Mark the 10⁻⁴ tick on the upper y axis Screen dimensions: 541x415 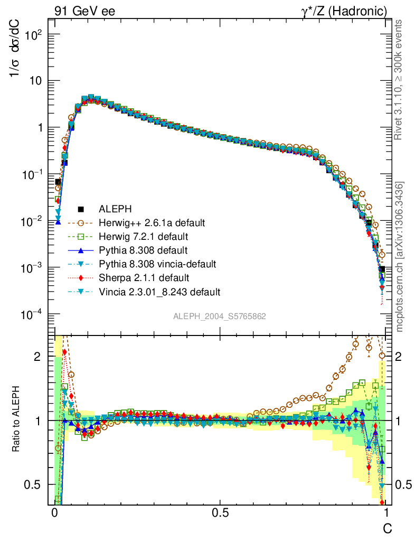(x=32, y=315)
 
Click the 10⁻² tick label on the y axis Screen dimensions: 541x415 (x=32, y=222)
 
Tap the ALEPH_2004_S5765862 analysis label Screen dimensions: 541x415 (x=220, y=316)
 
